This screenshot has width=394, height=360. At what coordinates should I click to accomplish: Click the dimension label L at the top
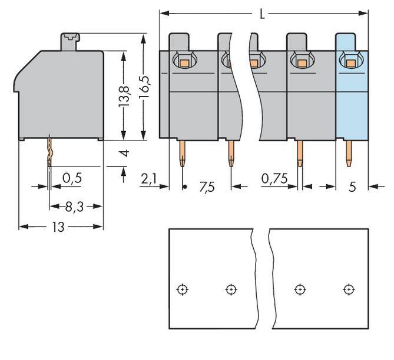click(263, 13)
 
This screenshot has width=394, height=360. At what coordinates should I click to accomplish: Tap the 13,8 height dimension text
click(124, 95)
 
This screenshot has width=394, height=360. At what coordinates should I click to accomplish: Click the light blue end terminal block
click(352, 100)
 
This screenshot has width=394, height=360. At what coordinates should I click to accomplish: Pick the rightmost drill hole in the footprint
click(349, 289)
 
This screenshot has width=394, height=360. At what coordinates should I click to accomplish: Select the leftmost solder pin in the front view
click(182, 154)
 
